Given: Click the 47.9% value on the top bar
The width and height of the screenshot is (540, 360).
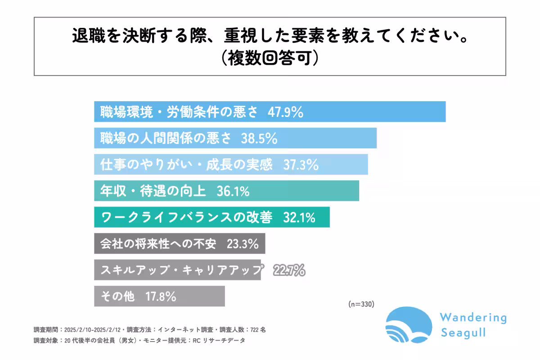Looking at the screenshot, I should tap(285, 112).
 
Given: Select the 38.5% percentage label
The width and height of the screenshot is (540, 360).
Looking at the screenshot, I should tap(259, 139).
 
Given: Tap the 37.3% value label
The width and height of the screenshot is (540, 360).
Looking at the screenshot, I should tap(301, 165).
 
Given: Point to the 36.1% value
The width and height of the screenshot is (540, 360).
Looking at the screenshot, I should tap(233, 192).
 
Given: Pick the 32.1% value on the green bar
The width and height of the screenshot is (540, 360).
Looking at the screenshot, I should tap(299, 218).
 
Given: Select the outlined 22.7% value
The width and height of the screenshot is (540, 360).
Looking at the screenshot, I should tap(289, 270).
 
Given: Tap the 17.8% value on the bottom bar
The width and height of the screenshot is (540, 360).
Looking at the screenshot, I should tap(161, 297).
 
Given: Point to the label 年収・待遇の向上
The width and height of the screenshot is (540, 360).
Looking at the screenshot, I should tap(153, 192).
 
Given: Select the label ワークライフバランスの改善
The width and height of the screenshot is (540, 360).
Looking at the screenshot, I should tap(187, 218).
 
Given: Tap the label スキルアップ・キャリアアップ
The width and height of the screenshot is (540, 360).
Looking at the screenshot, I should tap(181, 270).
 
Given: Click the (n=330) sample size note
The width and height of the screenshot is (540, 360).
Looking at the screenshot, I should tap(361, 304).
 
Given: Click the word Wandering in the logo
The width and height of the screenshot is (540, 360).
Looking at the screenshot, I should tap(473, 318).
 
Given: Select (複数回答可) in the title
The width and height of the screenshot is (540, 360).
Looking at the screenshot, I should tap(270, 58).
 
